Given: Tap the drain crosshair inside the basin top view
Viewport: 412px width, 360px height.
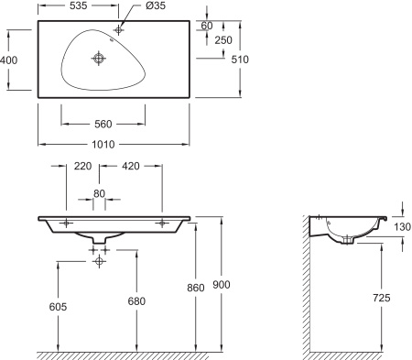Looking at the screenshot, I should point(99,59).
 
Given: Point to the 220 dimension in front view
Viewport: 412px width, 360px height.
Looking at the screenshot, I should point(81,168).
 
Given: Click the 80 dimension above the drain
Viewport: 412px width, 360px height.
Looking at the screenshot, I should point(99,193).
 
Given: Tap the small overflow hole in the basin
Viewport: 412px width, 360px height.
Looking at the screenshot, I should point(111,39).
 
